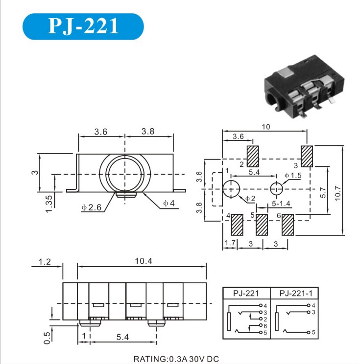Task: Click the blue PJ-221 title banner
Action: [83, 26]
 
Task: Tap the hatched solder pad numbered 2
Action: [253, 156]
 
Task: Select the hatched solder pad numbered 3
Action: [307, 156]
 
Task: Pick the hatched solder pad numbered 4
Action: [237, 225]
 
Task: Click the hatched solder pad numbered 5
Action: [262, 225]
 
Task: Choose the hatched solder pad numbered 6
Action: [288, 225]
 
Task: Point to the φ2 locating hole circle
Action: [231, 189]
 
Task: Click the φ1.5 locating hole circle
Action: [276, 189]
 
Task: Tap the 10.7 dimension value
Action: [337, 193]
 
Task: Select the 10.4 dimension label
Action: [144, 261]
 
